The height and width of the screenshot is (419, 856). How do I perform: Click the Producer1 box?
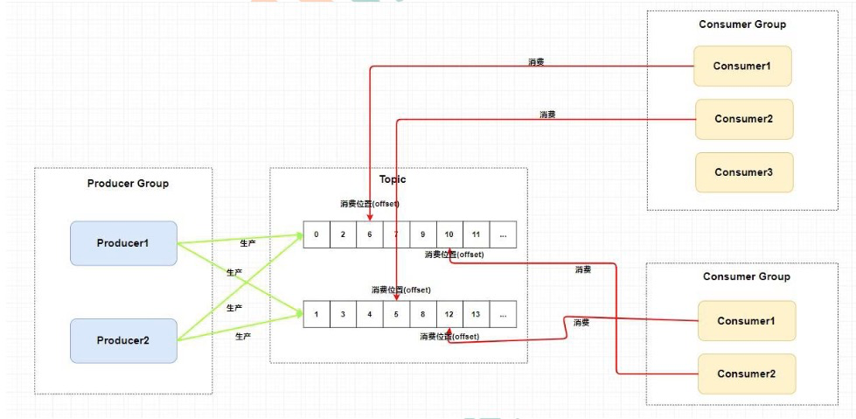click(x=123, y=242)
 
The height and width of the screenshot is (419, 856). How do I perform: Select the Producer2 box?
click(x=123, y=340)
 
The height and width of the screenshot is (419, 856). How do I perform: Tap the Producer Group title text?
click(x=128, y=184)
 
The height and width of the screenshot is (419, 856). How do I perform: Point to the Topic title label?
click(x=393, y=178)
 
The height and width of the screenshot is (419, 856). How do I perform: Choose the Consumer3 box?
click(x=743, y=172)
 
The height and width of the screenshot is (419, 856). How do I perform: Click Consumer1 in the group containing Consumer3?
click(x=741, y=66)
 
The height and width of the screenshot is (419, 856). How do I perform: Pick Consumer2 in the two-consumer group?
click(x=747, y=374)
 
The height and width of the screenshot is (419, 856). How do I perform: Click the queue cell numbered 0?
click(x=317, y=234)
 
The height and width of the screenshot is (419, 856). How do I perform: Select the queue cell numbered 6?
click(x=370, y=234)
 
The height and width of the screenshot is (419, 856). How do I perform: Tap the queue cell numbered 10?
click(x=449, y=234)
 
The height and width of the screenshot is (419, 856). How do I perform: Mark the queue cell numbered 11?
click(x=476, y=234)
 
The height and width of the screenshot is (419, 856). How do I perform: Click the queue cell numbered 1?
click(x=317, y=314)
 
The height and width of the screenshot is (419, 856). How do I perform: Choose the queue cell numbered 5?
click(x=396, y=314)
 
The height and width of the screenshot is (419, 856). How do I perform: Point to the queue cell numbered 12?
click(x=449, y=314)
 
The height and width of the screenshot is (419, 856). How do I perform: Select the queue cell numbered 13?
click(x=476, y=314)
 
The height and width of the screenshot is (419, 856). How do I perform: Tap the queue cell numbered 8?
click(x=423, y=314)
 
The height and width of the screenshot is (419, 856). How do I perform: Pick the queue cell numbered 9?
click(x=423, y=234)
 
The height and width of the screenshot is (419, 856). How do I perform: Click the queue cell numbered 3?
click(x=344, y=314)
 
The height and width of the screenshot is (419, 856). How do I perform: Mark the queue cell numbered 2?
click(x=344, y=234)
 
